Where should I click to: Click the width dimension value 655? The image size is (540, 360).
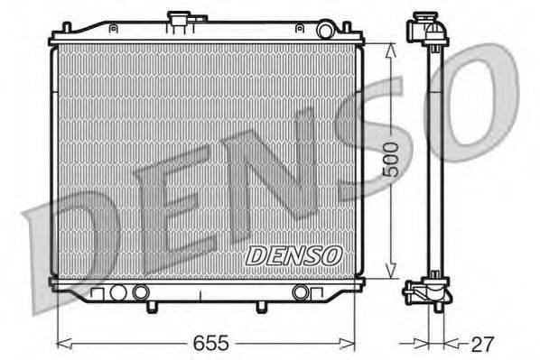pyautogui.click(x=208, y=344)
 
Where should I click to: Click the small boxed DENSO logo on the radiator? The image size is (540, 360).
pyautogui.click(x=294, y=256)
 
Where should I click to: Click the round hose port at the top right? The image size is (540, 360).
pyautogui.click(x=326, y=31)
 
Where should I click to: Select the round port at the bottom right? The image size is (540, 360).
pyautogui.click(x=300, y=292)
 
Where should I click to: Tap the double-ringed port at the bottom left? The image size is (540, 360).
pyautogui.click(x=139, y=292)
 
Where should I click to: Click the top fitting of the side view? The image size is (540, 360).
pyautogui.click(x=428, y=29)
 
